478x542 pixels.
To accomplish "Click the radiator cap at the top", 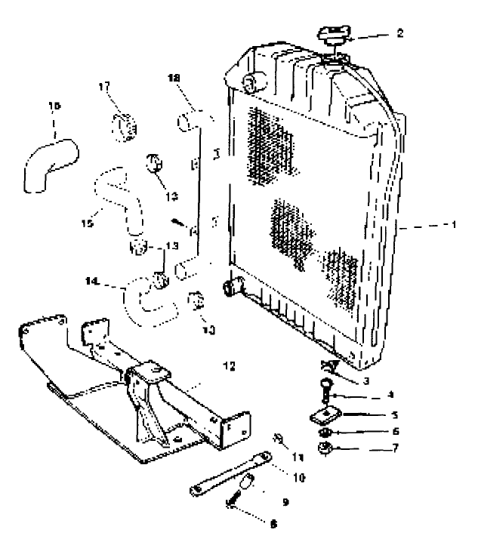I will pos(332,35).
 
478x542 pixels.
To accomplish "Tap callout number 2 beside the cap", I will pos(399,33).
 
